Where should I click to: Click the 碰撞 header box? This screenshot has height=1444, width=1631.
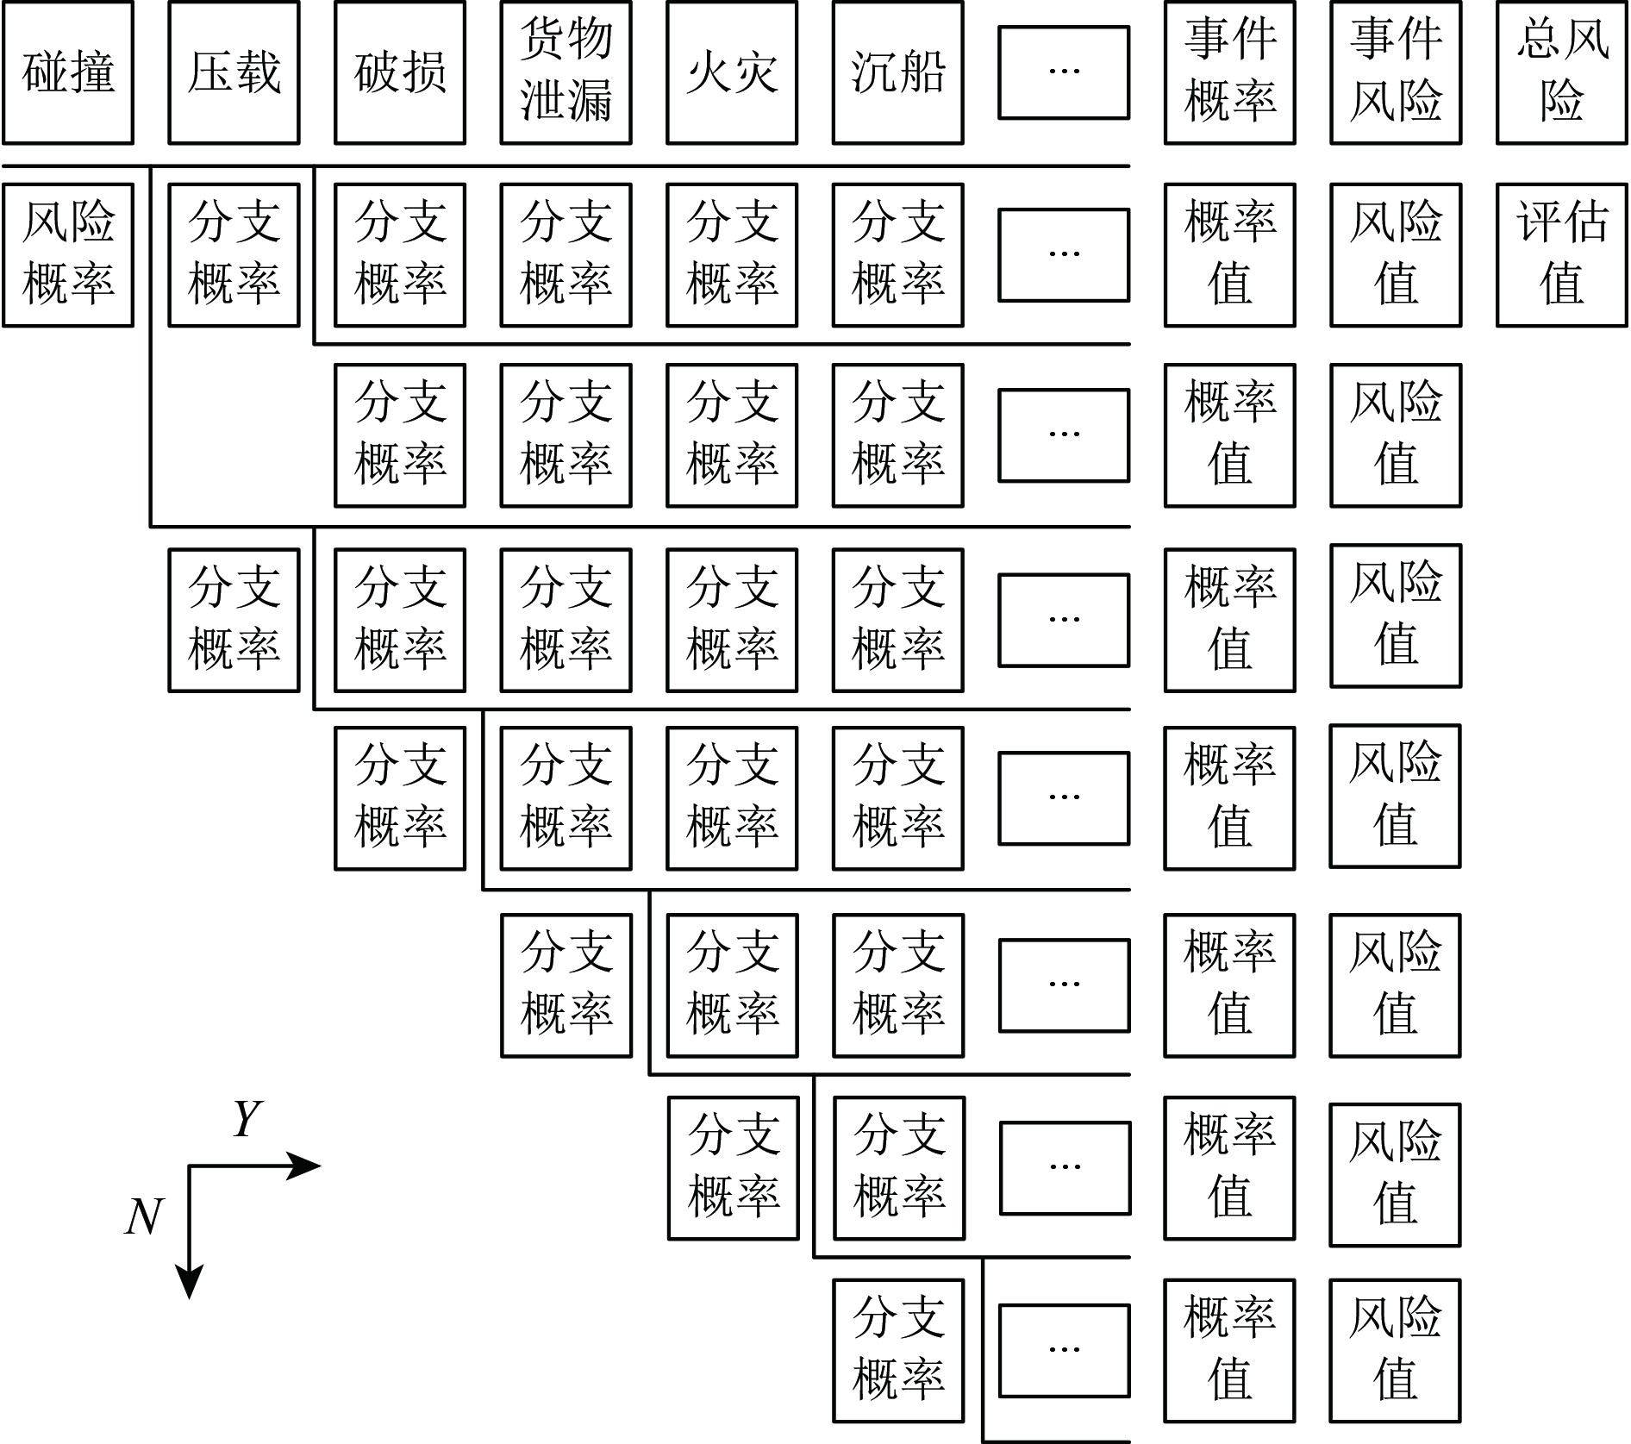click(x=68, y=72)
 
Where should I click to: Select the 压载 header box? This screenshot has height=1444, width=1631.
click(x=234, y=72)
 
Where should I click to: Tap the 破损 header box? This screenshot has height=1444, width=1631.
click(x=400, y=72)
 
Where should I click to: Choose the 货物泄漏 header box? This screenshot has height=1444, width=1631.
click(x=566, y=72)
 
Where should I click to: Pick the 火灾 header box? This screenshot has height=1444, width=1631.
click(x=732, y=72)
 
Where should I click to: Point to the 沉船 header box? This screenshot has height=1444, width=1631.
click(x=897, y=72)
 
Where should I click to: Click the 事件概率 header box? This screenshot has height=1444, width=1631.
click(x=1229, y=72)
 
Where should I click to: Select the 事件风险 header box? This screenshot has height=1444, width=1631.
click(x=1396, y=72)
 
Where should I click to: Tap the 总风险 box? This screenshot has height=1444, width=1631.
click(x=1561, y=72)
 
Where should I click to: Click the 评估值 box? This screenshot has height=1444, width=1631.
click(x=1561, y=254)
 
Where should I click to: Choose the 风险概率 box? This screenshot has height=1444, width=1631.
click(x=68, y=254)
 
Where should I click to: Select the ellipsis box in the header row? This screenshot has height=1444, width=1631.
click(x=1064, y=72)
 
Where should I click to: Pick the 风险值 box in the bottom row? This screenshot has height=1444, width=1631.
click(x=1396, y=1349)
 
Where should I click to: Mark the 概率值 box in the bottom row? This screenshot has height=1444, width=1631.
click(x=1229, y=1349)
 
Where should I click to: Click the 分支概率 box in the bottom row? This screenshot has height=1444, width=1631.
click(x=897, y=1349)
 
